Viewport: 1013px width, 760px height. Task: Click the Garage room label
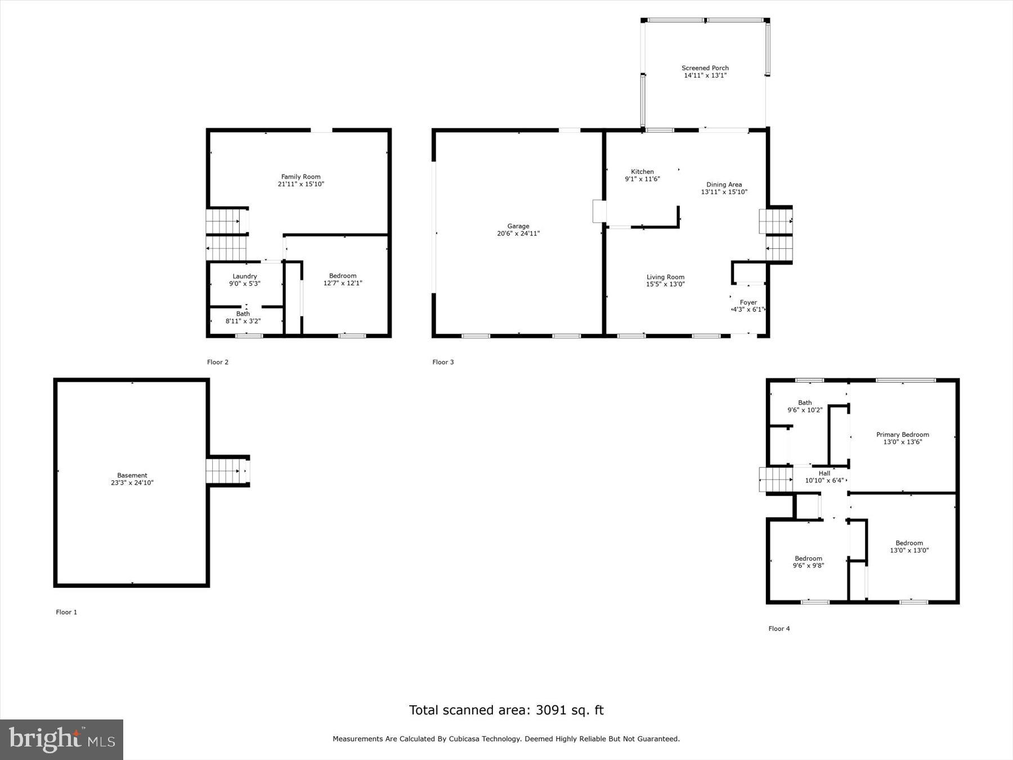coord(518,226)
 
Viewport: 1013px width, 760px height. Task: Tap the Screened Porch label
coord(705,68)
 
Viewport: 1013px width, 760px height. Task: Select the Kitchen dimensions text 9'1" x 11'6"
coord(642,179)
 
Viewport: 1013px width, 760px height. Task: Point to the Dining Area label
coord(724,185)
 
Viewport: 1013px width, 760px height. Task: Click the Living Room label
coord(665,277)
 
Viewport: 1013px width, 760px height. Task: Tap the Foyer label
coord(748,302)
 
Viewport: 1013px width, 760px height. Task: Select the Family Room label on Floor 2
coord(301,177)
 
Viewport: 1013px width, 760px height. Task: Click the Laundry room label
coord(245,276)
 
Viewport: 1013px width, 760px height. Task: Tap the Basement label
coord(132,475)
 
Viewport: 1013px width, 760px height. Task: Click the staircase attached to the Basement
coord(226,471)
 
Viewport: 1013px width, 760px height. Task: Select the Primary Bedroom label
coord(902,435)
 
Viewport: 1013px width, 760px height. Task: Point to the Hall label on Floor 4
coord(824,473)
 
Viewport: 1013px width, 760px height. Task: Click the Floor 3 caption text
coord(443,362)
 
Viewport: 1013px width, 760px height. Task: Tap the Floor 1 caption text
coord(66,612)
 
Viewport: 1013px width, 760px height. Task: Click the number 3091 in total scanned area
coord(554,710)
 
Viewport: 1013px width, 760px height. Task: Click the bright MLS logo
coord(61,739)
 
